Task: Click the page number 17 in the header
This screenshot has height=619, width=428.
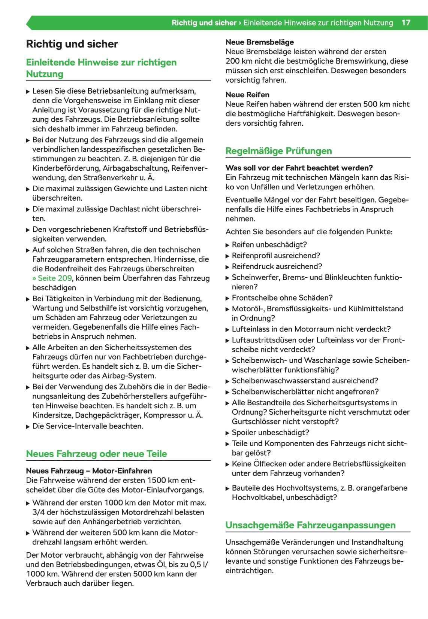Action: click(x=406, y=22)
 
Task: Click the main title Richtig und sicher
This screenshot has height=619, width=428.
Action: click(x=72, y=44)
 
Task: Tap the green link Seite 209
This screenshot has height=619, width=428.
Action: click(x=52, y=278)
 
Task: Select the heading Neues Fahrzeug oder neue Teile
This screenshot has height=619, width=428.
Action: click(x=96, y=454)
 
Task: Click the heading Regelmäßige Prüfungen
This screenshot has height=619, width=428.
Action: click(x=278, y=151)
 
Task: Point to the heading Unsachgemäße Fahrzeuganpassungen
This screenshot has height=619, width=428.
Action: click(x=310, y=525)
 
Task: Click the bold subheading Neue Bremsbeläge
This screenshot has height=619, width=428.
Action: click(x=259, y=42)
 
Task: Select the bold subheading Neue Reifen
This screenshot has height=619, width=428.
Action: click(x=247, y=95)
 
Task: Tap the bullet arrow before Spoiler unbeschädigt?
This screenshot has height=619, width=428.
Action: click(x=227, y=433)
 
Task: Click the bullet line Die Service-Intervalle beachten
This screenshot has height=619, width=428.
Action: click(x=88, y=426)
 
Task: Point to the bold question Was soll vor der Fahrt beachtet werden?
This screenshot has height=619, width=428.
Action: click(x=299, y=168)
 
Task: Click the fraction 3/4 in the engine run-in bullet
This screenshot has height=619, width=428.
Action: click(x=39, y=512)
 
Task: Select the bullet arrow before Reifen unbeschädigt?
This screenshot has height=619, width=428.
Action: click(x=227, y=245)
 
